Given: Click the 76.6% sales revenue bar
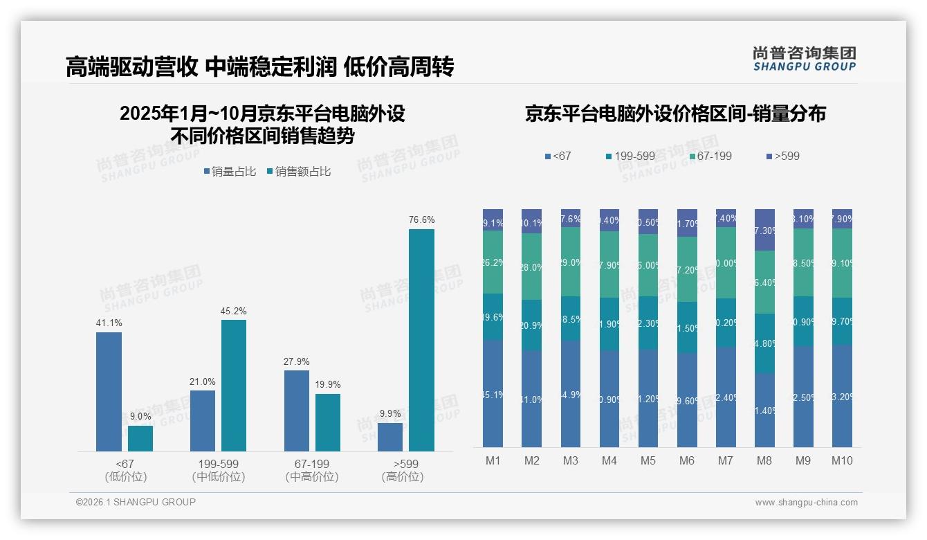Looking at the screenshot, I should (421, 340).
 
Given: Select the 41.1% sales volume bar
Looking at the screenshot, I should (109, 392).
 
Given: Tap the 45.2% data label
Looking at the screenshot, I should (234, 311).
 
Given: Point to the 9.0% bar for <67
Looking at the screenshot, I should (140, 438).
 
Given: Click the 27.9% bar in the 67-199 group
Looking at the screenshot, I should (297, 411).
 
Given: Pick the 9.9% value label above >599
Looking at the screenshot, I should (390, 413).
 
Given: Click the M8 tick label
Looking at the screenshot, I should (764, 460).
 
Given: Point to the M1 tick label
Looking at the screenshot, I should (493, 460).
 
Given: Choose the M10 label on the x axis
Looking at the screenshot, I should (842, 460).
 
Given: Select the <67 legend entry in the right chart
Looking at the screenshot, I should (558, 156).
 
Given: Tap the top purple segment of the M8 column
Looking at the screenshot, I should (764, 229).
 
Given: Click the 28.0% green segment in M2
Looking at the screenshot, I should (532, 267).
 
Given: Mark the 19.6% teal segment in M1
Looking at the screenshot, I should (493, 316).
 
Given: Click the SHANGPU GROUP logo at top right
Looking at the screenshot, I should (804, 59).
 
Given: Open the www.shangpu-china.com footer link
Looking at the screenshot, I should (806, 503).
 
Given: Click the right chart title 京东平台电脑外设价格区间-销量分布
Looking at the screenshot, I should (675, 114).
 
